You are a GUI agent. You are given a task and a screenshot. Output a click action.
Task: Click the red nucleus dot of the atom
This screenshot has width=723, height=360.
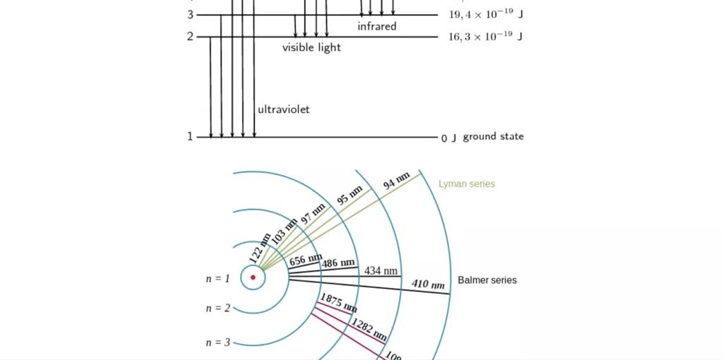253,277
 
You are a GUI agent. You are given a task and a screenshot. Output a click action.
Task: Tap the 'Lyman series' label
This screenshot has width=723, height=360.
467,184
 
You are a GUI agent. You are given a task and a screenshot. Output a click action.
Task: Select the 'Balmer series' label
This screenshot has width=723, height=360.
487,280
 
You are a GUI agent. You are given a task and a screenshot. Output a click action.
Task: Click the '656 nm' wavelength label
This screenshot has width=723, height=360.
306,260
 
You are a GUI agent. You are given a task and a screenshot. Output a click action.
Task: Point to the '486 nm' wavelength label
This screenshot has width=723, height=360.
338,263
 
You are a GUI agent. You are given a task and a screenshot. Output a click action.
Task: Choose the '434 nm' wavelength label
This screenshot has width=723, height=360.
381,271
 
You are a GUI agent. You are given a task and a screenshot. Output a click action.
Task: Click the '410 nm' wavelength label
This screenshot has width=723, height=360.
428,284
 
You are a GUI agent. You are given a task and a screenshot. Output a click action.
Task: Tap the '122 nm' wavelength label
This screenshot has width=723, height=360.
260,248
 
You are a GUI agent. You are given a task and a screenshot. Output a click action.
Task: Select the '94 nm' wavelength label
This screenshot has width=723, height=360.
396,181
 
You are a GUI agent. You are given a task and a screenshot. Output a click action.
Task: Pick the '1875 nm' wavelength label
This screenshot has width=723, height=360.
338,303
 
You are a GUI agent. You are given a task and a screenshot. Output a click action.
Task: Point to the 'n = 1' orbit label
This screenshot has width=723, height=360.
218,279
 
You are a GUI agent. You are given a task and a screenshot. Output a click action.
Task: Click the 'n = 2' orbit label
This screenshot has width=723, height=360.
218,308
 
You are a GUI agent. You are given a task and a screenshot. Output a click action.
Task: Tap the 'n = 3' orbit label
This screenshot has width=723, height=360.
218,342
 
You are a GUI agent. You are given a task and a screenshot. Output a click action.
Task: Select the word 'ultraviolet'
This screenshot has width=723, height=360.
283,109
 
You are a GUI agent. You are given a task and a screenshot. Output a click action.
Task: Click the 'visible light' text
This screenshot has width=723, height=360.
311,47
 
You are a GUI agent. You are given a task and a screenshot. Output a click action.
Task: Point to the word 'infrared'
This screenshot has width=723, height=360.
377,26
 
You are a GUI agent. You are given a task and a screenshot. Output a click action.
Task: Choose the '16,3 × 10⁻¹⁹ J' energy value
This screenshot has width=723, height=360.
485,37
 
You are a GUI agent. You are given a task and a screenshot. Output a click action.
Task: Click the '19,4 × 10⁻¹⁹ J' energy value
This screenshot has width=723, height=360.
485,14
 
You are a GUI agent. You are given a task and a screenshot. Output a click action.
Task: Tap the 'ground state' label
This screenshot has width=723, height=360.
493,136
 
